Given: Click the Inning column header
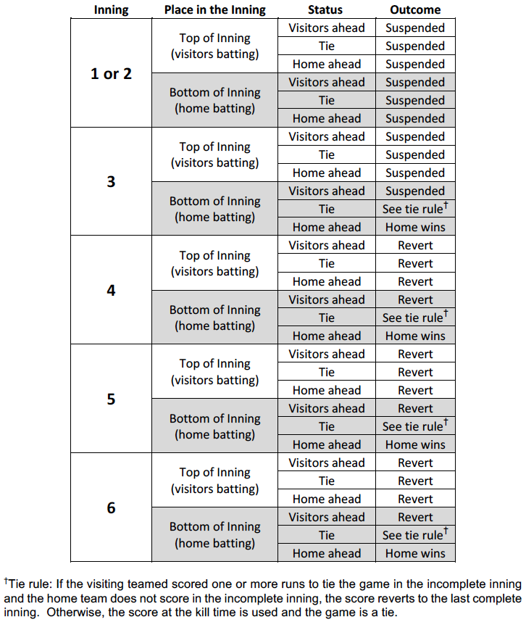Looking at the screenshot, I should pyautogui.click(x=111, y=10).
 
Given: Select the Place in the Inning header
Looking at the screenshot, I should pyautogui.click(x=214, y=10).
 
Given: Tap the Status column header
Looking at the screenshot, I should pyautogui.click(x=325, y=10).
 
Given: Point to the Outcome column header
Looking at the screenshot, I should pyautogui.click(x=414, y=10).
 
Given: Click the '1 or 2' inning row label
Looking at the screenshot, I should pyautogui.click(x=111, y=73).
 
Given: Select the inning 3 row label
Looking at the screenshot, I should pyautogui.click(x=111, y=182).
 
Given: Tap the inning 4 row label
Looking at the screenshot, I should pyautogui.click(x=111, y=291).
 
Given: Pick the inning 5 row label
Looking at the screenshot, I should pyautogui.click(x=111, y=399).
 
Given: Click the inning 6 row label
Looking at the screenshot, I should pyautogui.click(x=111, y=508).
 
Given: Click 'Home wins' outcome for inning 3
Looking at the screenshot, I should pyautogui.click(x=415, y=227).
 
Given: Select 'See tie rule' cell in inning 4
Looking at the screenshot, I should pyautogui.click(x=414, y=318).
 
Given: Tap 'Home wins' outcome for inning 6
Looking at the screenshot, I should pyautogui.click(x=415, y=553).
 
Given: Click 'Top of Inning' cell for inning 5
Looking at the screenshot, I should pyautogui.click(x=214, y=372).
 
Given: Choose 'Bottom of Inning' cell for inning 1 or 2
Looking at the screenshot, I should pyautogui.click(x=214, y=101).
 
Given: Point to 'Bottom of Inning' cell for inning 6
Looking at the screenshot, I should pyautogui.click(x=214, y=535).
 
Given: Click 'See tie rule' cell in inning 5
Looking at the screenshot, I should pyautogui.click(x=414, y=426).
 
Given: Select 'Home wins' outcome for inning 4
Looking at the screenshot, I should pyautogui.click(x=415, y=336).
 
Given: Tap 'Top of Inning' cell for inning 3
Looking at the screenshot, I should pyautogui.click(x=214, y=154).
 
